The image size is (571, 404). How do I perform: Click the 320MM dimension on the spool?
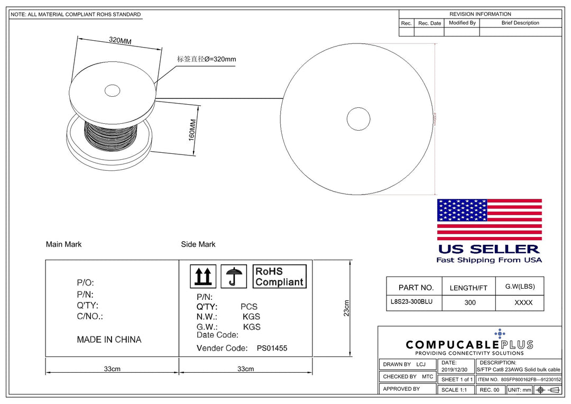pos(120,40)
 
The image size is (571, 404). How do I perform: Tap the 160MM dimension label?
pos(192,129)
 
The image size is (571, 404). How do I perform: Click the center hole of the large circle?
pos(358,118)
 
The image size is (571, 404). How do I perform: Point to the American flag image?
pos(489,219)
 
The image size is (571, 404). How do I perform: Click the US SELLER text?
pos(489,249)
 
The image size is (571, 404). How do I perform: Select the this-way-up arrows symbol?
pos(202,277)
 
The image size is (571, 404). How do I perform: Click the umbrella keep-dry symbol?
pos(234,277)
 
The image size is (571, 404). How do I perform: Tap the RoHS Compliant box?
pos(279,277)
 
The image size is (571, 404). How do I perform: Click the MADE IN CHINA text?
pos(109,339)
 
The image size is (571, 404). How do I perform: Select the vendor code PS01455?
pos(272,348)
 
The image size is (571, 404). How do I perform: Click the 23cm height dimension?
pos(346,308)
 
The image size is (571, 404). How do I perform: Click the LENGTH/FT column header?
pos(468,288)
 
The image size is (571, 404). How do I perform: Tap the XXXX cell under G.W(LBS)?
pos(523,302)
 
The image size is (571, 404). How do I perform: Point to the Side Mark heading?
pos(198,244)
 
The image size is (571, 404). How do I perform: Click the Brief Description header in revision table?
pos(520,23)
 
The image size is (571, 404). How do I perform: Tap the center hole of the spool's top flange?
pos(112,90)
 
